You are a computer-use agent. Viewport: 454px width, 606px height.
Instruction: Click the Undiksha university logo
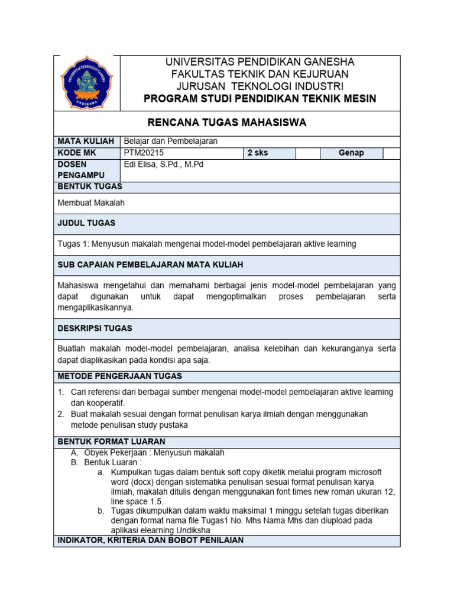[87, 83]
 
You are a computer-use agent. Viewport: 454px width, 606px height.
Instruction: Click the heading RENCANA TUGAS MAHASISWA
[226, 123]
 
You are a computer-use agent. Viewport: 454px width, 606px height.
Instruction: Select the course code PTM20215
[144, 153]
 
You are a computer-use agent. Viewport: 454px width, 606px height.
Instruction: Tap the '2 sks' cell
[258, 153]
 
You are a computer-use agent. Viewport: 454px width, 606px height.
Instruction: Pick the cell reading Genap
[351, 153]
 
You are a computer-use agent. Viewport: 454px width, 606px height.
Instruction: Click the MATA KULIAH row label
[85, 141]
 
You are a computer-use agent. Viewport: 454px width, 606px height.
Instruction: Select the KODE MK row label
[77, 153]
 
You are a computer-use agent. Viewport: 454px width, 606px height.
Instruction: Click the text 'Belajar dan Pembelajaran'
[170, 141]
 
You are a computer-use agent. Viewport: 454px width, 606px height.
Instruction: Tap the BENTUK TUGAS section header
[89, 186]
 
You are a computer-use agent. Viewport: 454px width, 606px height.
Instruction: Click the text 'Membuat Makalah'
[91, 203]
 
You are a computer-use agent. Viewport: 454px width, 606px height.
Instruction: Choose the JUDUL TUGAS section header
[86, 223]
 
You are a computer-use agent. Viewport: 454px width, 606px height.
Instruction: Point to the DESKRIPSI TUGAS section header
[95, 328]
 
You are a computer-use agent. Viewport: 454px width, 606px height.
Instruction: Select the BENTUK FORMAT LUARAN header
[111, 441]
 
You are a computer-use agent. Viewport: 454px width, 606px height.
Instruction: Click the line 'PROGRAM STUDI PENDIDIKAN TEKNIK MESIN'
[260, 98]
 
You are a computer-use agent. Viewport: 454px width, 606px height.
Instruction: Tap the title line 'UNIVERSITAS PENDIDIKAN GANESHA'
[260, 62]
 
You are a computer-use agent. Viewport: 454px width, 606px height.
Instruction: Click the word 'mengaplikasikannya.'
[96, 308]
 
